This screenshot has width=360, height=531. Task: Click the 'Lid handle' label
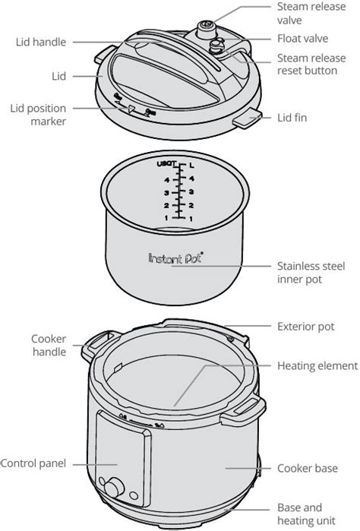pyautogui.click(x=41, y=43)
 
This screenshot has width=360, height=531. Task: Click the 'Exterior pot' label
pyautogui.click(x=305, y=326)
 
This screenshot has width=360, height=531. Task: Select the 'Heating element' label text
pyautogui.click(x=317, y=365)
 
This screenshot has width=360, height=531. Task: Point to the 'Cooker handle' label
pyautogui.click(x=49, y=344)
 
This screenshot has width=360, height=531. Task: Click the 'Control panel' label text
pyautogui.click(x=34, y=463)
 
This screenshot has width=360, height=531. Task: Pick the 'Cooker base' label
pyautogui.click(x=308, y=468)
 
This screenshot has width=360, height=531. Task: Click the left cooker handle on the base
pyautogui.click(x=97, y=343)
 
